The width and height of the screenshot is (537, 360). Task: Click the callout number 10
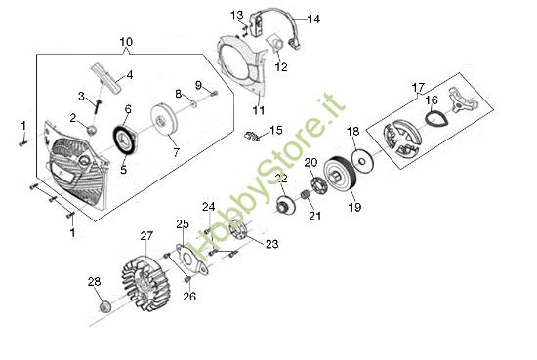(x=125, y=42)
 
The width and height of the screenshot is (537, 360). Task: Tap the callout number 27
(x=146, y=235)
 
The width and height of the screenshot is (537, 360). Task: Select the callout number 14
(x=313, y=19)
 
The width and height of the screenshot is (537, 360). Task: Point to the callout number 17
(x=418, y=86)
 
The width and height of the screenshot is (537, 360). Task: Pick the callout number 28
(x=94, y=282)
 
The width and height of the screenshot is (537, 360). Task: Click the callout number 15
(x=276, y=129)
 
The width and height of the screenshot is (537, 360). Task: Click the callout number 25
(x=182, y=224)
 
